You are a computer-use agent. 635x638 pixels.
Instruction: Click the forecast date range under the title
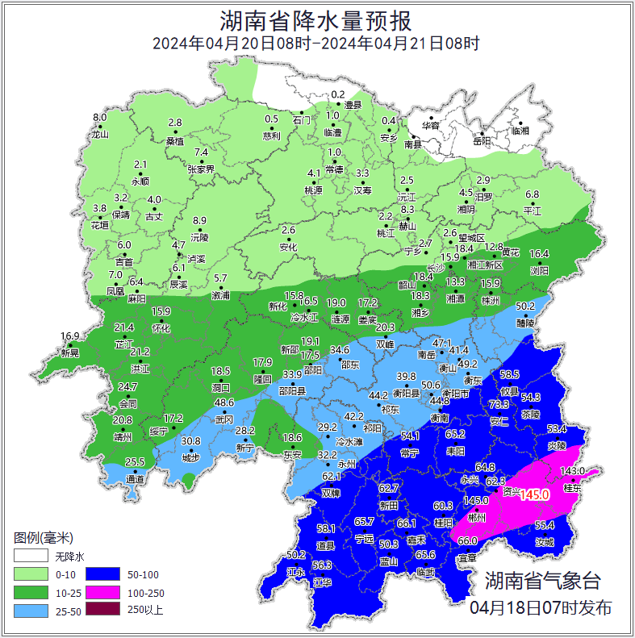click(316, 44)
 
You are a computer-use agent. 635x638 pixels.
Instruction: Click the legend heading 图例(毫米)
click(44, 537)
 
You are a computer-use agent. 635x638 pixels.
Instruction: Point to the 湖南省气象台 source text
click(543, 580)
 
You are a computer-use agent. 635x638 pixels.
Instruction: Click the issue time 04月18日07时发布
click(541, 607)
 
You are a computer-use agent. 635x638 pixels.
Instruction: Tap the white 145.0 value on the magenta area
click(534, 494)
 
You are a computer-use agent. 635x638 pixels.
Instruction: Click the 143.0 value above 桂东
click(571, 471)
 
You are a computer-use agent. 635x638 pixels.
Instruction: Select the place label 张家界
click(201, 169)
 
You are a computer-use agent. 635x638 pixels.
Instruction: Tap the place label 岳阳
click(482, 142)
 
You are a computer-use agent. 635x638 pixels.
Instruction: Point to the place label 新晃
click(70, 353)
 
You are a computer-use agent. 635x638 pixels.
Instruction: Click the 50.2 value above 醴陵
click(525, 306)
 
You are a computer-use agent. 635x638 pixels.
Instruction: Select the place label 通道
click(136, 480)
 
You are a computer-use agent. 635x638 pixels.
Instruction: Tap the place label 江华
click(322, 582)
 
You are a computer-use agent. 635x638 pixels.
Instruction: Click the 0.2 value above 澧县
click(338, 95)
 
